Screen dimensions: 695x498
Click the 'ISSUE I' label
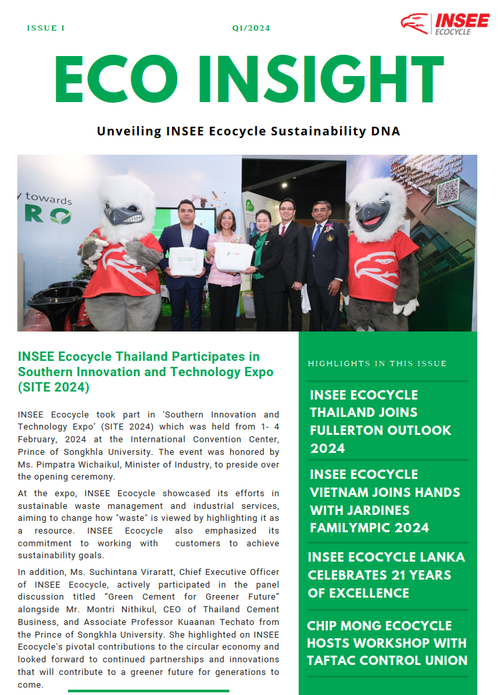pyautogui.click(x=46, y=29)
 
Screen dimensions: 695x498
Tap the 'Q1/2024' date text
pyautogui.click(x=251, y=29)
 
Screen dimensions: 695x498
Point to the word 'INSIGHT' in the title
pyautogui.click(x=321, y=79)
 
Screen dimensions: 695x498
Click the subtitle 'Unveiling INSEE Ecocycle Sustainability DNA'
pyautogui.click(x=249, y=131)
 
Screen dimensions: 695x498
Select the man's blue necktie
pyautogui.click(x=316, y=237)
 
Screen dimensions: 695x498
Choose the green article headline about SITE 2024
pyautogui.click(x=145, y=372)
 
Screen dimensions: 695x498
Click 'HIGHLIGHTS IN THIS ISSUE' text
pyautogui.click(x=377, y=364)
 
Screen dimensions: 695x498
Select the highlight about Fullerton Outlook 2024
pyautogui.click(x=381, y=421)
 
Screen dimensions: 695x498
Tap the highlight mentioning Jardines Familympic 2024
pyautogui.click(x=385, y=501)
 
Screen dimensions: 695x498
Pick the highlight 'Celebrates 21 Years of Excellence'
pyautogui.click(x=386, y=575)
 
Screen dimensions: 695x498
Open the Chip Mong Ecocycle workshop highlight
pyautogui.click(x=387, y=643)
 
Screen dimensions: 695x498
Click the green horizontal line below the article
pyautogui.click(x=148, y=690)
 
